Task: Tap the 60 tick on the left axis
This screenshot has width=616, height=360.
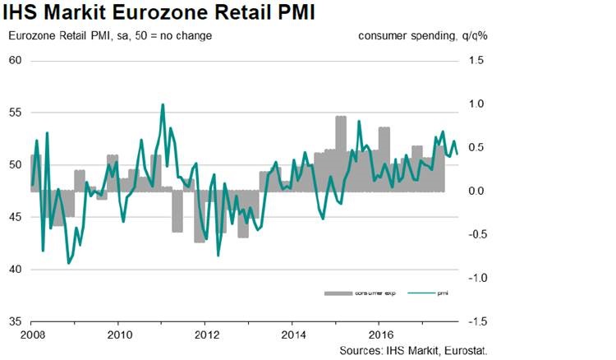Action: pos(16,61)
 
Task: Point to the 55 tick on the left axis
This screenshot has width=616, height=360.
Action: pos(16,113)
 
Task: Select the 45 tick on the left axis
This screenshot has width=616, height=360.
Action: pos(16,217)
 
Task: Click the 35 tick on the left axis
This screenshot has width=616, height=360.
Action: pos(16,321)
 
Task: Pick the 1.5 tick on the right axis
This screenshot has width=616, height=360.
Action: pos(477,61)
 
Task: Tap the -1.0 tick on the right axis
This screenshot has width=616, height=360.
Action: pos(476,278)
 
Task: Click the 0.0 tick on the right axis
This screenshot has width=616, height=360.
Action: pos(477,192)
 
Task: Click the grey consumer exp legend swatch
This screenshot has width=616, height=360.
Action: pos(338,293)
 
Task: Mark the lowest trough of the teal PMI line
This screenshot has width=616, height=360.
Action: pos(68,263)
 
